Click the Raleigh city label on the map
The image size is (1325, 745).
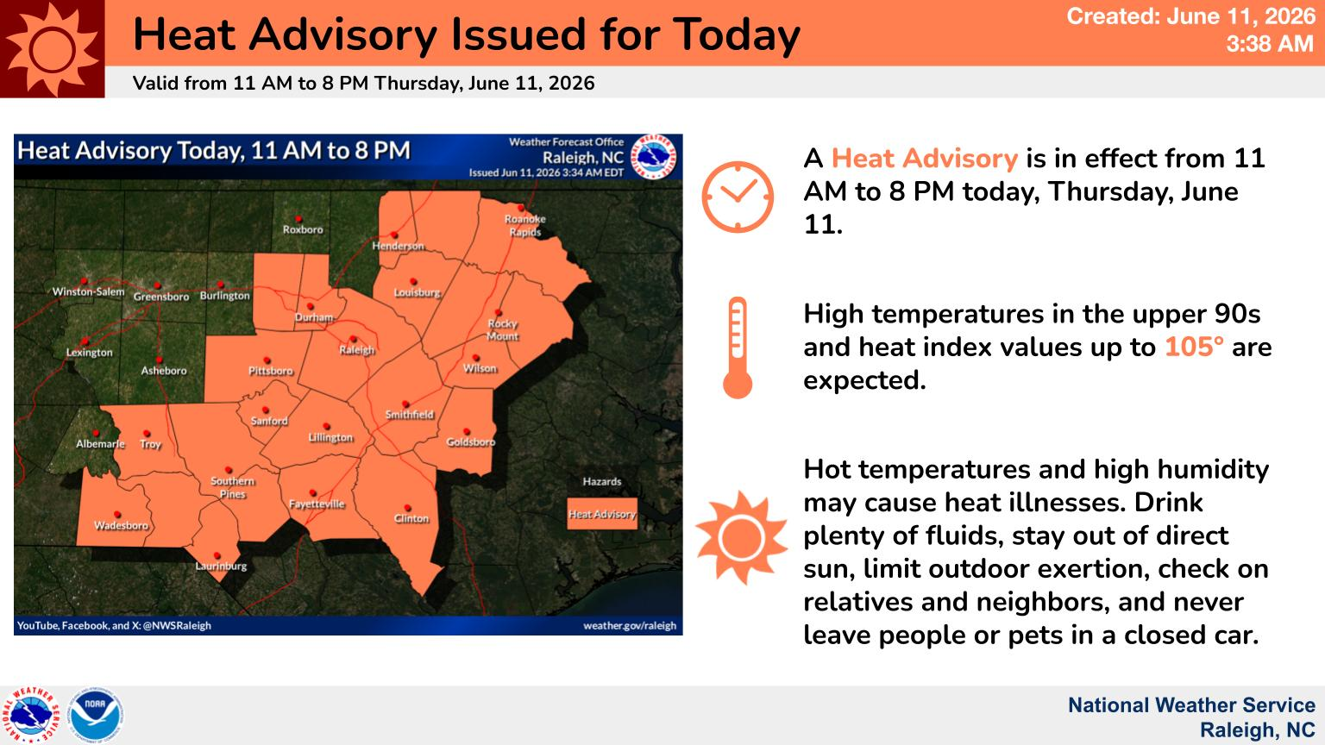356,350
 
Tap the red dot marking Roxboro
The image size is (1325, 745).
298,219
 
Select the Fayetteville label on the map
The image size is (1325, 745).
317,504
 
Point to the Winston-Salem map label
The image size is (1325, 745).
88,291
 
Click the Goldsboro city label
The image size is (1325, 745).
470,441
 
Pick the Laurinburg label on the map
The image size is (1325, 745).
221,566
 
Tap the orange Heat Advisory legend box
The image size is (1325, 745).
602,514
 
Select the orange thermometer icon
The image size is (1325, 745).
738,347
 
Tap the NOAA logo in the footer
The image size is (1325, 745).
95,715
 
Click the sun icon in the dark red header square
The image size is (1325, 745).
52,49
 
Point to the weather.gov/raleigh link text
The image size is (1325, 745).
630,625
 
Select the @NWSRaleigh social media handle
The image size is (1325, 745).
177,625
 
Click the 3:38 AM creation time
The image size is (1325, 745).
1270,44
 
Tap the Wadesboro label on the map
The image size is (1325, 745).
122,525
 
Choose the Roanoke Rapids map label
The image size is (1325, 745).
524,225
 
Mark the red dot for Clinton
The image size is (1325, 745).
407,508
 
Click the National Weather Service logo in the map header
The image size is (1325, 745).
653,157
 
